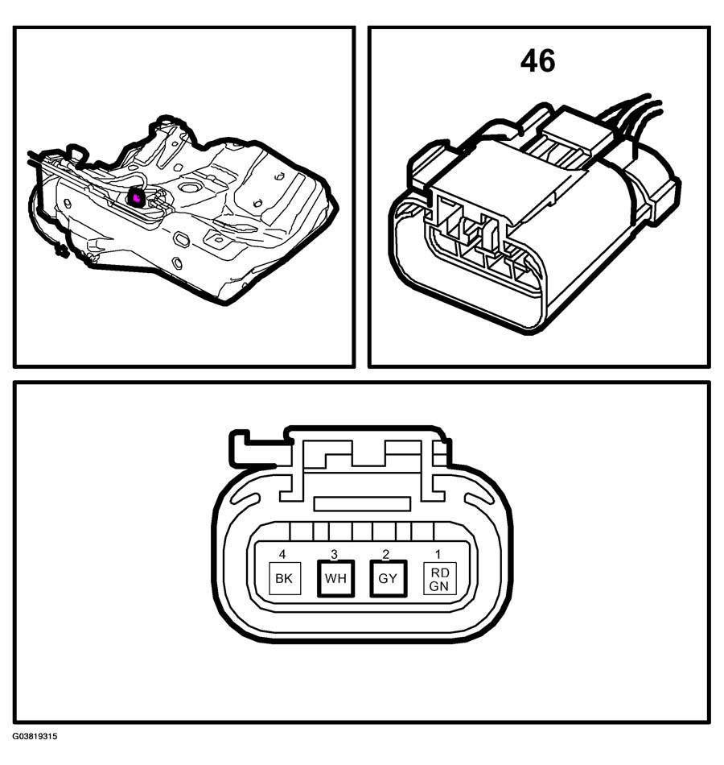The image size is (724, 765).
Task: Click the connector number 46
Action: (537, 61)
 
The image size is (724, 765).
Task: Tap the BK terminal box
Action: (286, 578)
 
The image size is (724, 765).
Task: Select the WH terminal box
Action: (335, 578)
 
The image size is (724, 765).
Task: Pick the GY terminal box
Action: (388, 578)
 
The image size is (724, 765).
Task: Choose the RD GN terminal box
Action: (440, 579)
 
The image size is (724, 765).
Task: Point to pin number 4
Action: (282, 554)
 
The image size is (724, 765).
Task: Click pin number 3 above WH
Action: (334, 554)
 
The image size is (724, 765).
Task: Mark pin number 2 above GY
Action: (386, 554)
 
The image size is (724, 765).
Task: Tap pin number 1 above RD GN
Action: (438, 554)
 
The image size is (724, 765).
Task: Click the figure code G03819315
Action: (35, 736)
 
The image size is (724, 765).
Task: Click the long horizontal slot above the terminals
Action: (362, 504)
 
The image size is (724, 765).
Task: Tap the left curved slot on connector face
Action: (246, 499)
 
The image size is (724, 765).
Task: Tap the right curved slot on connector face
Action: (479, 499)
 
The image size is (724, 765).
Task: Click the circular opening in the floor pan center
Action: (187, 186)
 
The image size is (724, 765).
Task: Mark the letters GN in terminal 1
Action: (438, 585)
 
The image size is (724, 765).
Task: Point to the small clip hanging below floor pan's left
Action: (62, 250)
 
